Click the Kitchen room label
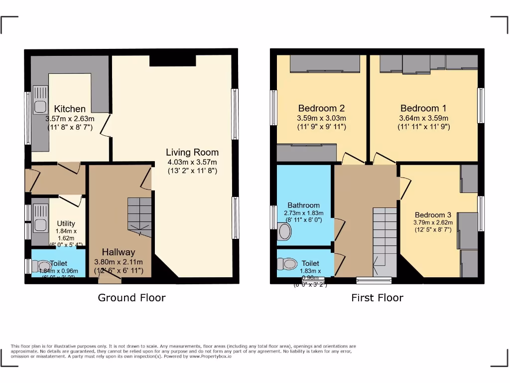click(x=70, y=109)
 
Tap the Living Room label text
click(x=192, y=152)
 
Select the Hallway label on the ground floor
click(x=119, y=252)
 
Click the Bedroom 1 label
click(x=423, y=108)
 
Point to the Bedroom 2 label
click(x=321, y=108)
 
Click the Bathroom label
click(x=303, y=205)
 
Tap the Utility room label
click(x=66, y=223)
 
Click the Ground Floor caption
click(x=131, y=298)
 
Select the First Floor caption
click(x=377, y=298)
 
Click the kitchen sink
click(x=40, y=100)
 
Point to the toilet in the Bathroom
click(x=285, y=231)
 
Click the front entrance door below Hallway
click(x=110, y=277)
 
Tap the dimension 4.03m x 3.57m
click(x=192, y=162)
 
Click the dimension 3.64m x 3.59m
click(x=423, y=118)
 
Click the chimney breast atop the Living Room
click(x=172, y=60)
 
